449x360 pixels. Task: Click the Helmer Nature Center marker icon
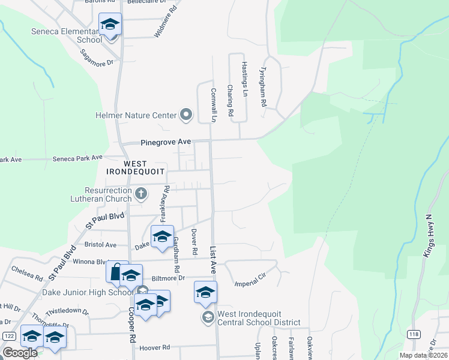185,115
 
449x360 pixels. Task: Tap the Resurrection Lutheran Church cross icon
141,193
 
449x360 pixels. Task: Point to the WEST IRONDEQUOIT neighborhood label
143,167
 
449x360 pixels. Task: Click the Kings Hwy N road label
429,236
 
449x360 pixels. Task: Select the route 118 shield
413,334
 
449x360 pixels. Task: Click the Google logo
20,353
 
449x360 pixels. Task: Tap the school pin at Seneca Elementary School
110,25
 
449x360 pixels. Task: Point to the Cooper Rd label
130,325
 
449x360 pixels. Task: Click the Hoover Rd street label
155,347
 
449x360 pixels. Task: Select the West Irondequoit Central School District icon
208,317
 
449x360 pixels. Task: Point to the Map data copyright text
424,355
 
